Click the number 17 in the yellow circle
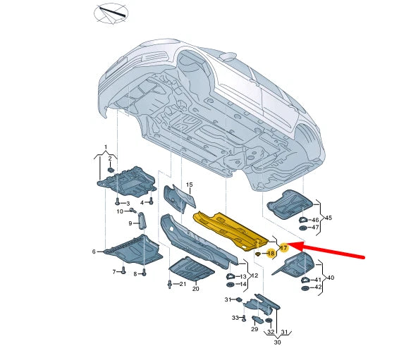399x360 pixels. coord(283,248)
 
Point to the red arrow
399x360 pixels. coord(331,250)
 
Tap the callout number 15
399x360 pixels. coord(189,185)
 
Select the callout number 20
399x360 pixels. coord(195,289)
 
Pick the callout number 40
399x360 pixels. coord(330,278)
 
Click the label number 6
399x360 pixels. coord(94,252)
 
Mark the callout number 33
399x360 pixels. coord(235,318)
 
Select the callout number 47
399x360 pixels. coord(315,228)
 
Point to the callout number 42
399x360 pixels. coord(317,287)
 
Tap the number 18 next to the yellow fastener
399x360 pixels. coord(271,252)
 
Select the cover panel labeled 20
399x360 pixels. coord(189,268)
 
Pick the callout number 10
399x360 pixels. coord(121,211)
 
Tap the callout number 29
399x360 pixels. coord(254,330)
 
